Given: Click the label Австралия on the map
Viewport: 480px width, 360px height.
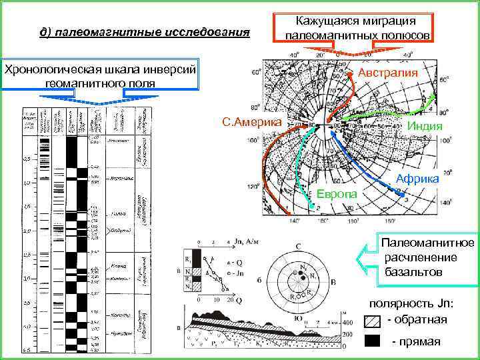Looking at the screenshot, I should pos(388,72).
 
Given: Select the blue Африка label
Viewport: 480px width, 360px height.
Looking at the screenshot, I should pos(417,179).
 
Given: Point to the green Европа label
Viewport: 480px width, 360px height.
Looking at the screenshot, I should pos(336,193).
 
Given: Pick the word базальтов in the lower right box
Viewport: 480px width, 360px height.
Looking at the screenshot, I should pos(413,271).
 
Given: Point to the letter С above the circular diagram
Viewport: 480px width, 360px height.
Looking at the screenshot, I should pos(299,246).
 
